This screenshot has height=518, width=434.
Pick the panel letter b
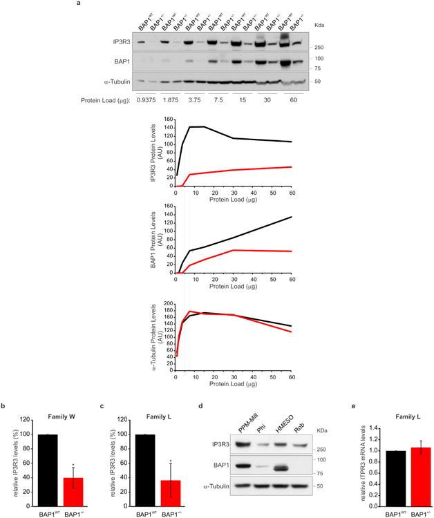[6, 407]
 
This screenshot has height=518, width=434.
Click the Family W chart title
[64, 419]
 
